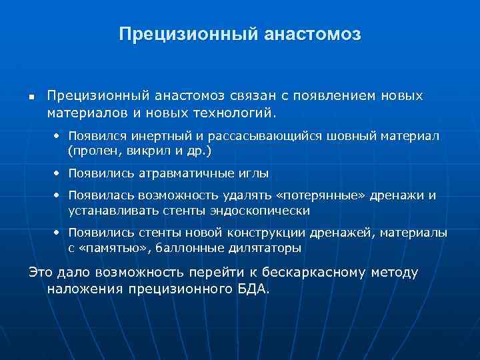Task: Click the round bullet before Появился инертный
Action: click(x=57, y=136)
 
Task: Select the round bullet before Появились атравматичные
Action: click(x=57, y=173)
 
